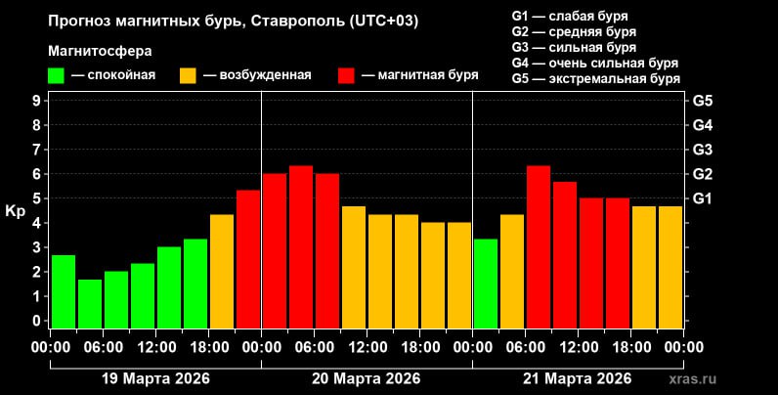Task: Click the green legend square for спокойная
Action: [57, 75]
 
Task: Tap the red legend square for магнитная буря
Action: [346, 75]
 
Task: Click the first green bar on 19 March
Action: [64, 291]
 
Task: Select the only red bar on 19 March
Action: [248, 259]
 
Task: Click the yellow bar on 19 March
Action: [222, 271]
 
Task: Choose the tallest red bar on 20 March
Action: [301, 246]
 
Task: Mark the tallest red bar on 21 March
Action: [539, 246]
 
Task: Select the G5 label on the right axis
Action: [702, 101]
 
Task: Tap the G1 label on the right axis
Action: [702, 198]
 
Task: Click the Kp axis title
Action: [16, 210]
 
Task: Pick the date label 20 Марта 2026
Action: [367, 378]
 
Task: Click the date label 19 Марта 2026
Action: [155, 378]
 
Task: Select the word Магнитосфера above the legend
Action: [100, 50]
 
